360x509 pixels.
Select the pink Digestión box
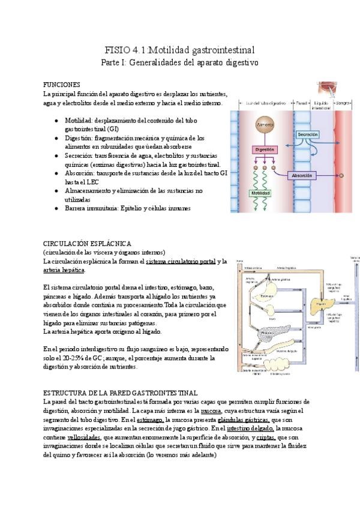pyautogui.click(x=264, y=149)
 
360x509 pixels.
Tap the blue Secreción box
pyautogui.click(x=307, y=134)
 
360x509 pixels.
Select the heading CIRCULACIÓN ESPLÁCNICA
pyautogui.click(x=87, y=243)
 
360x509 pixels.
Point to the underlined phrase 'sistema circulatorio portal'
pyautogui.click(x=181, y=262)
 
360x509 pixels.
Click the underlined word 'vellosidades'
pyautogui.click(x=80, y=438)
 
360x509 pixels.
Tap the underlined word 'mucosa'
pyautogui.click(x=212, y=411)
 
